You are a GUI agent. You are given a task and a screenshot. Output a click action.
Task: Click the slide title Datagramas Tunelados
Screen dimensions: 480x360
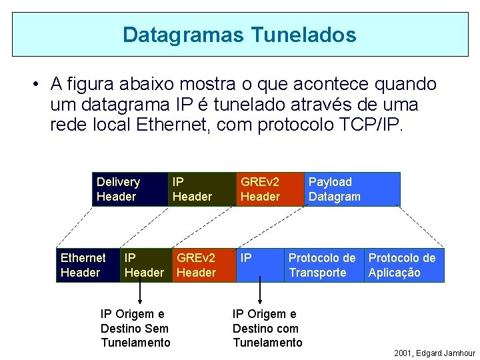point(239,35)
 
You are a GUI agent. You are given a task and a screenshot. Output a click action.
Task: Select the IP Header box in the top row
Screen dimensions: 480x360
point(201,189)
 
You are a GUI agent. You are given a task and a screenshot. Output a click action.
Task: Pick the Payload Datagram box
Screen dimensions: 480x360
point(352,189)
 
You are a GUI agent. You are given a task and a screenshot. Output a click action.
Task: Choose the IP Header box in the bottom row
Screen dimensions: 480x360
point(146,265)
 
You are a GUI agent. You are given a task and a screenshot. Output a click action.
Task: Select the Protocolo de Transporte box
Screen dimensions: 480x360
point(324,265)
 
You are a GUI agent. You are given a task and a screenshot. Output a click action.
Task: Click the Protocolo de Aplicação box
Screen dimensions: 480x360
point(403,265)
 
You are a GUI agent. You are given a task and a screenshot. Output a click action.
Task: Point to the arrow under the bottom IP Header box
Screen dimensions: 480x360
point(141,292)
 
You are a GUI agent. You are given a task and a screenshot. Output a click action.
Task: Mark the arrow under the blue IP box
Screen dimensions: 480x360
point(260,292)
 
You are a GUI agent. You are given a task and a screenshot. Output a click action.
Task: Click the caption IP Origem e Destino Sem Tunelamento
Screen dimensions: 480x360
point(135,328)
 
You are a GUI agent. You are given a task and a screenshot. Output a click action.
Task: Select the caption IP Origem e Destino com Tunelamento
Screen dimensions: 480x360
point(267,328)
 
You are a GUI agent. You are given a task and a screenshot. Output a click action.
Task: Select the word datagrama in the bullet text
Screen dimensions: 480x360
point(124,105)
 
